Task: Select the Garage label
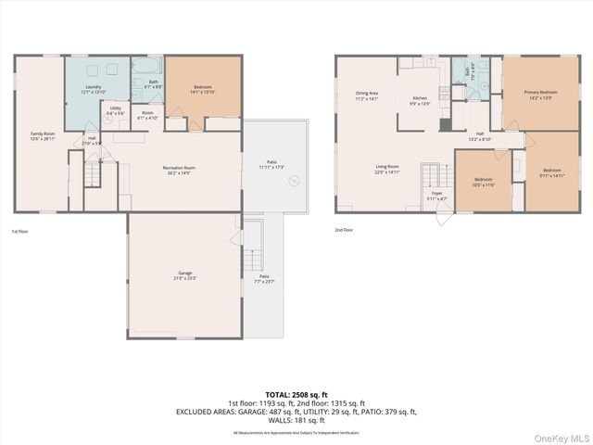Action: [x=186, y=275]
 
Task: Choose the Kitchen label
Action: [x=420, y=100]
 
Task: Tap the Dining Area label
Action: [x=367, y=95]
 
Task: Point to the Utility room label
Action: [x=115, y=110]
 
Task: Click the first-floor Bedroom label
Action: [x=202, y=89]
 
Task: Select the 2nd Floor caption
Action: [x=344, y=231]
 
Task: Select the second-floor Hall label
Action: [x=480, y=136]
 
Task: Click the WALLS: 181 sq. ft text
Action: [x=297, y=421]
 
